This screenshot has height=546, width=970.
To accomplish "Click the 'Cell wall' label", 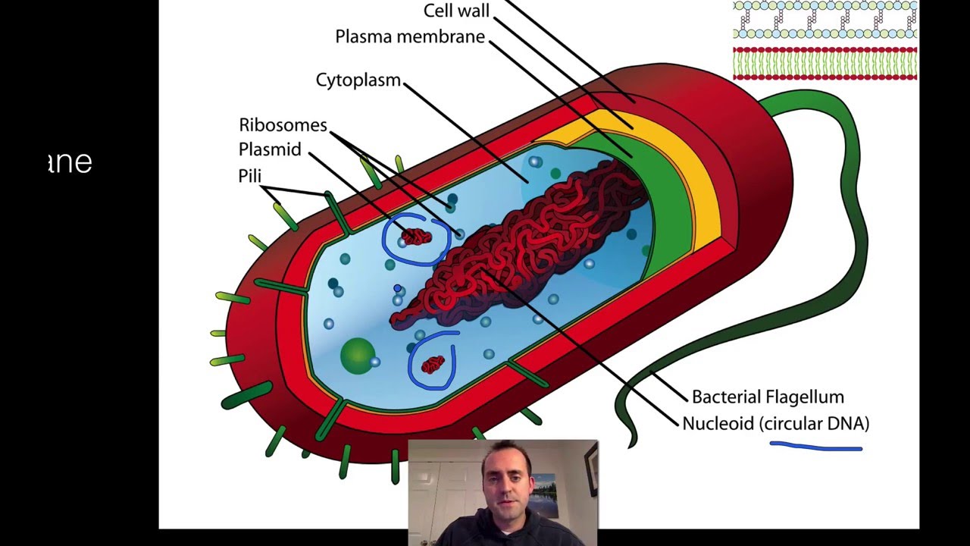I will (x=456, y=11).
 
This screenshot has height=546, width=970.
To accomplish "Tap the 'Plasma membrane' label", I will (x=410, y=36).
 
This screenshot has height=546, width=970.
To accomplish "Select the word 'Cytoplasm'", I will (x=358, y=80).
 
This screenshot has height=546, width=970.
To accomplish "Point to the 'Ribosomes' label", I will (x=283, y=125).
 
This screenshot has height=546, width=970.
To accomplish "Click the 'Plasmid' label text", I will (x=270, y=149).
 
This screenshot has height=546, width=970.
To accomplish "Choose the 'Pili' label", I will (x=249, y=176).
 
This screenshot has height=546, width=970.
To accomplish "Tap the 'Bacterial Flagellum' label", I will (x=767, y=397).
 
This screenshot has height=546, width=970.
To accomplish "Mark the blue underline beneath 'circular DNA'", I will (x=815, y=447).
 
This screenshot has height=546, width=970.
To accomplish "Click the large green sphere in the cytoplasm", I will (x=357, y=356).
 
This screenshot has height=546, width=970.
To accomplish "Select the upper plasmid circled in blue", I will (x=415, y=237).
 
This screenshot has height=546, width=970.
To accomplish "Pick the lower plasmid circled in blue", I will (x=433, y=365).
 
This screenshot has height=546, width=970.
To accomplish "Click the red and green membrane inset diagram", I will (x=825, y=63).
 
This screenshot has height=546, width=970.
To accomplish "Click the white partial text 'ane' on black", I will (x=70, y=162).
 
